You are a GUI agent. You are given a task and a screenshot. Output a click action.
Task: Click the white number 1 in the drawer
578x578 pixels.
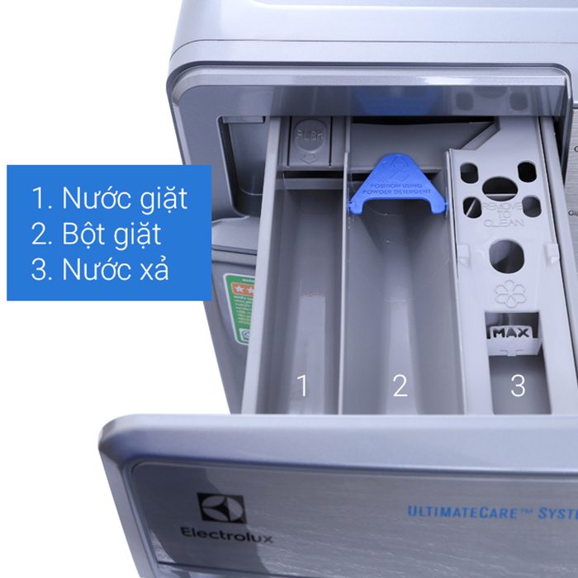pyautogui.click(x=302, y=385)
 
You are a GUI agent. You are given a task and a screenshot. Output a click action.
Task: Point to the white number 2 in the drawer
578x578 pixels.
pyautogui.click(x=400, y=385)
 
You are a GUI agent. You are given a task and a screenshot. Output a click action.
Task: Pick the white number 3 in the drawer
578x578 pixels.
pyautogui.click(x=518, y=385)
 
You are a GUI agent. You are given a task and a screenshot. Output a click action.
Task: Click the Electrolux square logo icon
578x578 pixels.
pyautogui.click(x=221, y=509)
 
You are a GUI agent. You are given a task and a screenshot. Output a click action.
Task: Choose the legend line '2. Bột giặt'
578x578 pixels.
pyautogui.click(x=97, y=235)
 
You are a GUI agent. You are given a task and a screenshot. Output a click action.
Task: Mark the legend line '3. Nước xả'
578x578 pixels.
pyautogui.click(x=101, y=270)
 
